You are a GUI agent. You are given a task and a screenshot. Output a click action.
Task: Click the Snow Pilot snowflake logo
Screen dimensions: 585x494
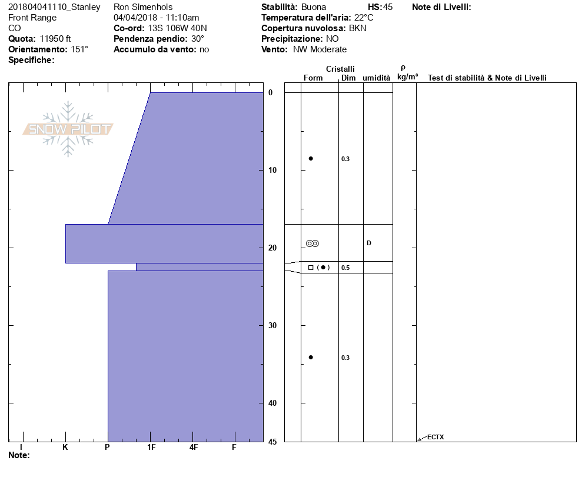[68, 129]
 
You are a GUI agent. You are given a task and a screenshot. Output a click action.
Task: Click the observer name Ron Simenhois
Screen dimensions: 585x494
[143, 7]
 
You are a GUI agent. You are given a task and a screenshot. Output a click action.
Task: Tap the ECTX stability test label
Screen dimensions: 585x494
[436, 437]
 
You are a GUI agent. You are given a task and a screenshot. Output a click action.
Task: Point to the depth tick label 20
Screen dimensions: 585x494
[272, 248]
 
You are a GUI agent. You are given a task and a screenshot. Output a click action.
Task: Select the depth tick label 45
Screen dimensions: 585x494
[272, 442]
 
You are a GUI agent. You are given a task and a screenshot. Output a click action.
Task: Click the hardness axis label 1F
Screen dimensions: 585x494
[151, 447]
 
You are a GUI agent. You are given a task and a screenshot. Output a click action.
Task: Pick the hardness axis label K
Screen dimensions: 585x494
[65, 447]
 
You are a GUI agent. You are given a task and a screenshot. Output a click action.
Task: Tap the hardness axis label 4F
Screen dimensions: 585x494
[193, 447]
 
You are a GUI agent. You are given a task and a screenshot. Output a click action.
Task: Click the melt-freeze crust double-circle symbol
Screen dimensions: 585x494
[313, 243]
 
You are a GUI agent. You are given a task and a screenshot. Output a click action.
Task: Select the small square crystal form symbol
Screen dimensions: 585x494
[311, 268]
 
